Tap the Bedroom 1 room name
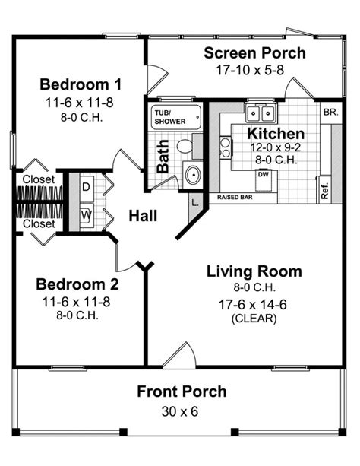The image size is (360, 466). point(81,84)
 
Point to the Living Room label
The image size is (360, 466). point(254,271)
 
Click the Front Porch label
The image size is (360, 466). point(182,392)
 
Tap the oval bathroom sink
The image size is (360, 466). point(193,174)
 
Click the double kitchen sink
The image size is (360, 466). point(261,114)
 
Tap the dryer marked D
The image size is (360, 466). point(85,186)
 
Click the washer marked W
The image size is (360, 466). point(85,215)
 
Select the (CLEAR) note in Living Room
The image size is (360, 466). point(254,319)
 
